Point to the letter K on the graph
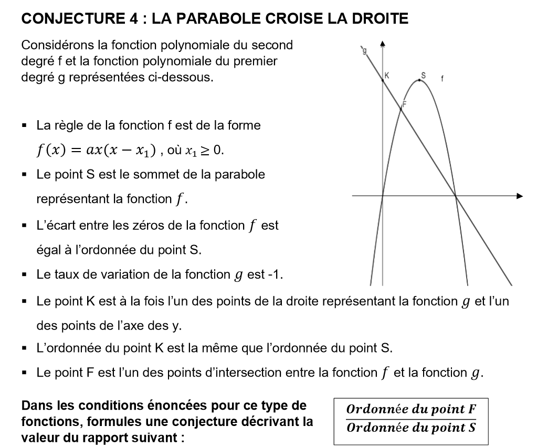click(387, 75)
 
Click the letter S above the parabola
click(423, 74)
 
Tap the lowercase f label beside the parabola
click(442, 80)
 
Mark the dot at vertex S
click(419, 80)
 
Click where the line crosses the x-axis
click(456, 197)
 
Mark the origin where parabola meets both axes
click(383, 197)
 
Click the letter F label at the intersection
click(405, 103)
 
